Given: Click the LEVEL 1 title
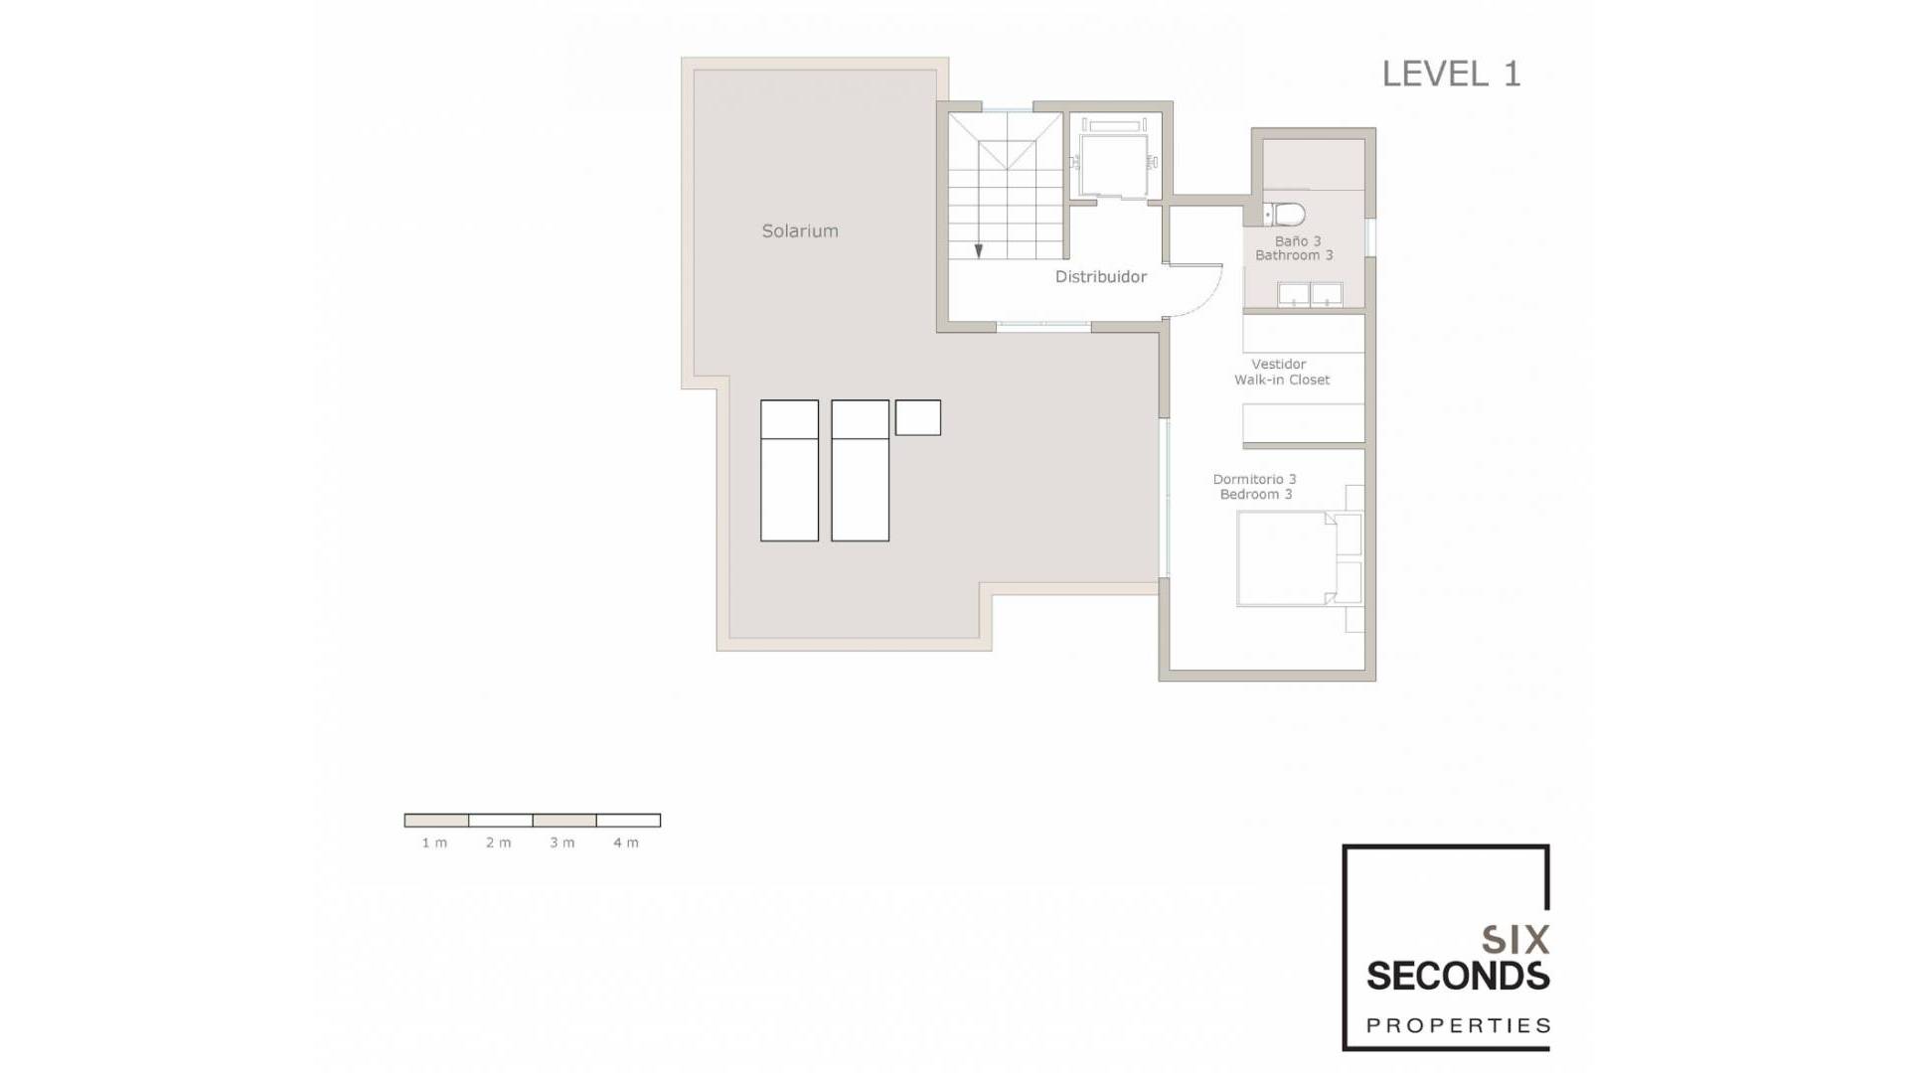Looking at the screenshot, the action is point(1451,74).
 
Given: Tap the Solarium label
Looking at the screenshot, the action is point(800,230).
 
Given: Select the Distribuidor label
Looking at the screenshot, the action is point(1101,276).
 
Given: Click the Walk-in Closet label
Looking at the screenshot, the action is point(1282,380).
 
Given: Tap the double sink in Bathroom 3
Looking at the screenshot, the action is point(1310,294).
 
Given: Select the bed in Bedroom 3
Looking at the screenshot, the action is point(1287,557).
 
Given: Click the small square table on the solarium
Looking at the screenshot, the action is point(918,417).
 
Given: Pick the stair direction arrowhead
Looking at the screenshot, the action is point(979,251).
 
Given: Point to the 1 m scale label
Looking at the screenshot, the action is point(434,843).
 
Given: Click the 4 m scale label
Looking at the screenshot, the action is point(626,843).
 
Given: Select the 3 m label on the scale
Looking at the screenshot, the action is point(562,843).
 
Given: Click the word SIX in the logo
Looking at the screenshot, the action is point(1515,940).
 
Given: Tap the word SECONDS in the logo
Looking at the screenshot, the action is point(1458,976).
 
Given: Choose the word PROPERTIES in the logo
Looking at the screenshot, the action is point(1458,1025).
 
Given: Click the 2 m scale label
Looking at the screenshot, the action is point(498,843).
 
